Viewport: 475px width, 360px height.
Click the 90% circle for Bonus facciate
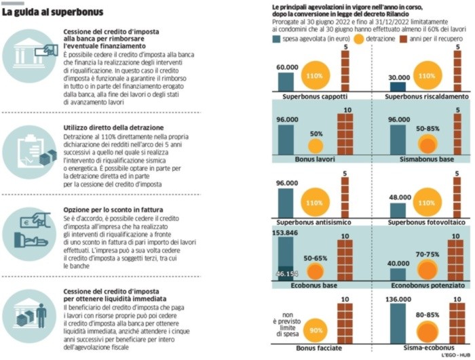click(x=314, y=331)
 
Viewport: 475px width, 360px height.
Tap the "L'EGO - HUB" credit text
click(x=455, y=356)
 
